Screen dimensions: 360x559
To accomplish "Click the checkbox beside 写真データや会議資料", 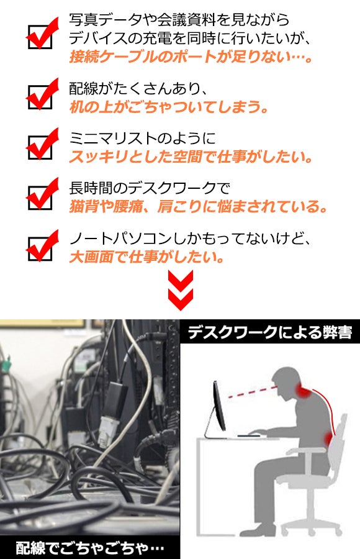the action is pyautogui.click(x=40, y=37).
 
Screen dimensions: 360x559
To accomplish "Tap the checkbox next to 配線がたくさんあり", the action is pyautogui.click(x=40, y=97).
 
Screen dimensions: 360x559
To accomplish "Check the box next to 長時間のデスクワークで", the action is pyautogui.click(x=40, y=197).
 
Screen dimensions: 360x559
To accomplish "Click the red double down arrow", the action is pyautogui.click(x=181, y=290).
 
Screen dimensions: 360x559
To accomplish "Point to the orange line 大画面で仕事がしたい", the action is pyautogui.click(x=146, y=257).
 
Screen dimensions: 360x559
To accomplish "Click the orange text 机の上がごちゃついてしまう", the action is pyautogui.click(x=169, y=107).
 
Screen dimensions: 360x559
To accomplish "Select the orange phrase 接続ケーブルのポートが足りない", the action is pyautogui.click(x=191, y=57).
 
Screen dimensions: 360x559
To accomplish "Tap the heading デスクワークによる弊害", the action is pyautogui.click(x=270, y=332).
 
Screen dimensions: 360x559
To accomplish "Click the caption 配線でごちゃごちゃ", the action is pyautogui.click(x=90, y=548).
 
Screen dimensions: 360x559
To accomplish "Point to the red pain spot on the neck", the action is pyautogui.click(x=303, y=391).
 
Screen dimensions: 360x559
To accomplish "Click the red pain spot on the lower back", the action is pyautogui.click(x=328, y=438).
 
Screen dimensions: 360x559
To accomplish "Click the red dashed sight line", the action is pyautogui.click(x=252, y=391).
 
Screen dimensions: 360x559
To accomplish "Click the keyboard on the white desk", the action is pyautogui.click(x=249, y=435).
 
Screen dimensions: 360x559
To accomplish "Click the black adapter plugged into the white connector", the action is pyautogui.click(x=117, y=399).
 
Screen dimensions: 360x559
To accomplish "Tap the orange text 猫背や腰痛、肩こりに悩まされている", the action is pyautogui.click(x=198, y=207).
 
